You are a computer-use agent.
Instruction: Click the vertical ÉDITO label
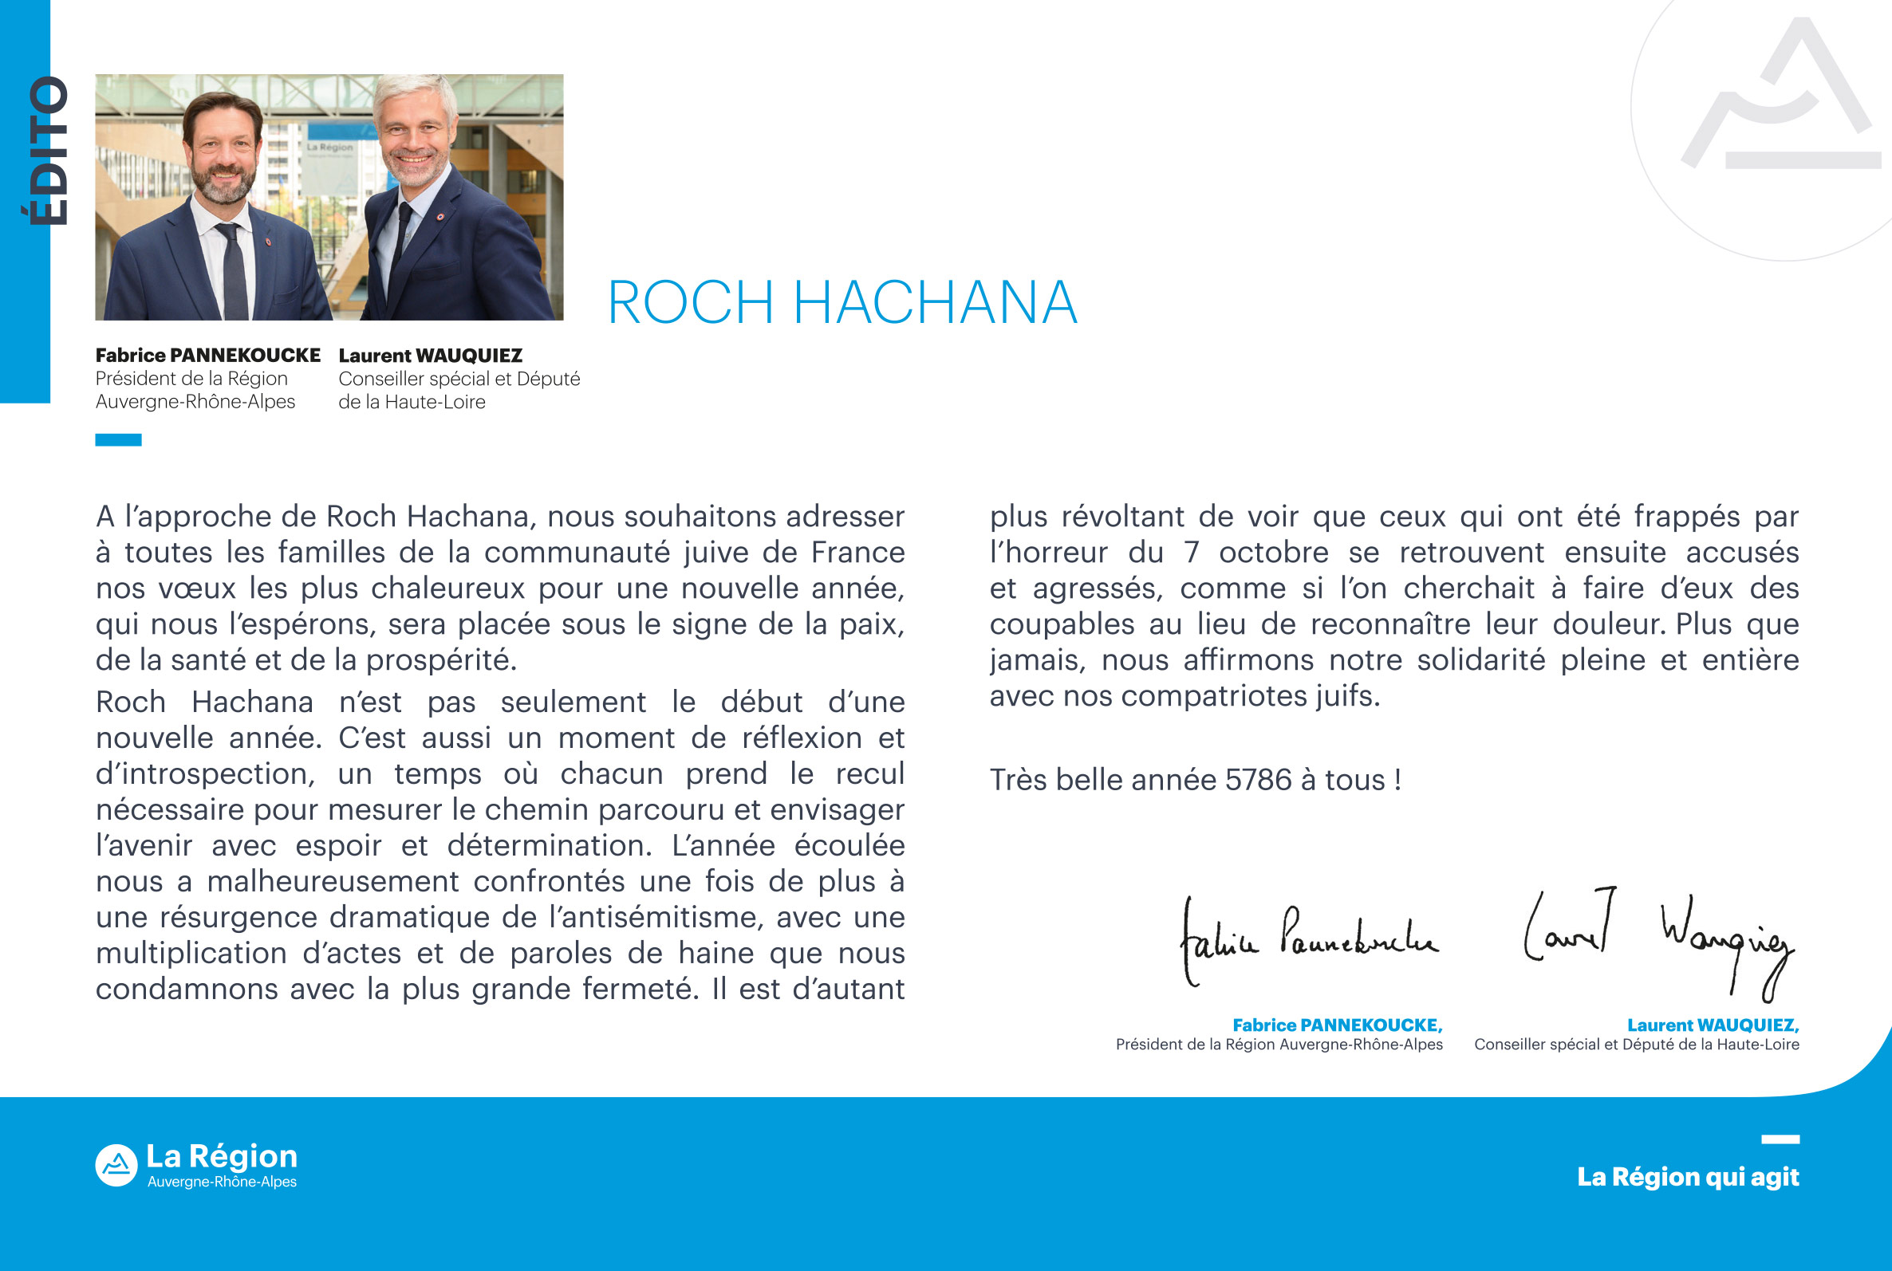tap(49, 151)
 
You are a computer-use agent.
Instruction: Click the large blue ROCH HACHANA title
tap(842, 303)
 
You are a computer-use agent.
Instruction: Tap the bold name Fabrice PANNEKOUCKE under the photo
tap(207, 355)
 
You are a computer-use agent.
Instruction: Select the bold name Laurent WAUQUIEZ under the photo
tap(430, 355)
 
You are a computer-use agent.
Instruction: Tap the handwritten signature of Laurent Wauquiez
tap(1657, 940)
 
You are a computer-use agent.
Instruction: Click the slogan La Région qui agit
tap(1688, 1176)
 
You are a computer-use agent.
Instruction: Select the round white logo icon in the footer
tap(116, 1165)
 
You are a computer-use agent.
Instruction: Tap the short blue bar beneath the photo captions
tap(118, 440)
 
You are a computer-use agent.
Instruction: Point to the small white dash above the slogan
tap(1780, 1139)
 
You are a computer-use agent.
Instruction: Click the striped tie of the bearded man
tap(234, 272)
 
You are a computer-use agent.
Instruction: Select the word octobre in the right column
tap(1274, 553)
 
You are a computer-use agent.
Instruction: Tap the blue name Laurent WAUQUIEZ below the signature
tap(1712, 1025)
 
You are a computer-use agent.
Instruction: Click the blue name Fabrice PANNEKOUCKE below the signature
tap(1337, 1025)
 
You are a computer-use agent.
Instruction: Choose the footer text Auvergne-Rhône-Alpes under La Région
tap(221, 1182)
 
